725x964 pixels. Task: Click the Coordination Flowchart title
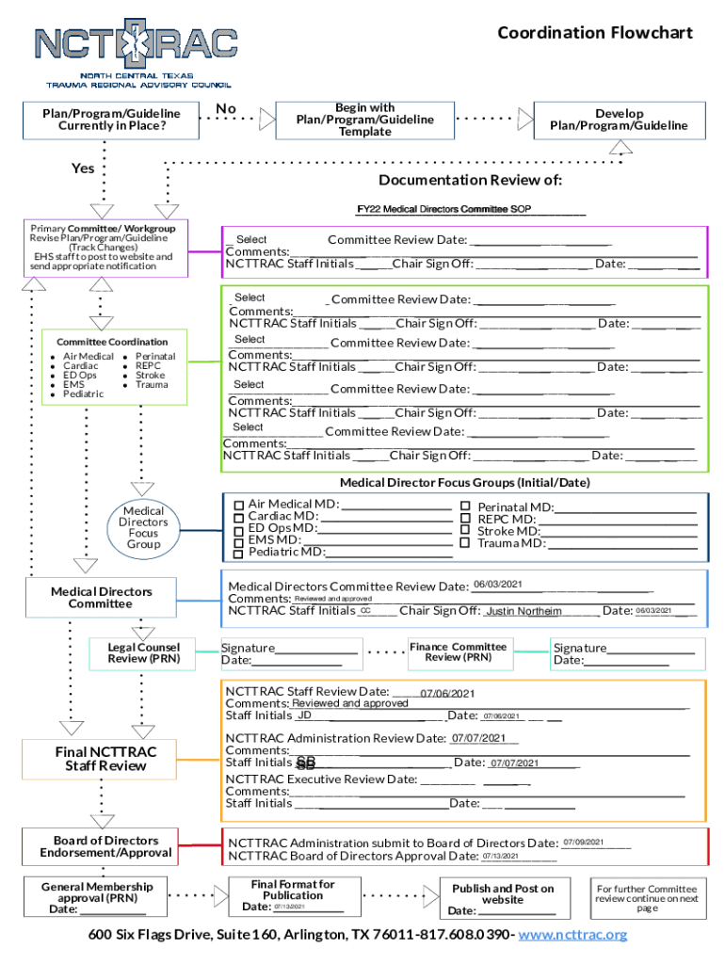pos(594,33)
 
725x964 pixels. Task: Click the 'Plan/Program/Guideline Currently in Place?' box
pos(105,120)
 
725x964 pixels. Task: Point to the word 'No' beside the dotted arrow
pos(226,109)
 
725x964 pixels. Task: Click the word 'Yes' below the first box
pos(83,169)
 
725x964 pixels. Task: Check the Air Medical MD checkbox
pos(239,506)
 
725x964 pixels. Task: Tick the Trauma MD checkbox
pos(464,542)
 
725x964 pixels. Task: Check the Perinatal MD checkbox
pos(464,506)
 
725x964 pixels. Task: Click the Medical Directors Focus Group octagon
pos(143,527)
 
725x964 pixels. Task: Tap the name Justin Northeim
pos(524,612)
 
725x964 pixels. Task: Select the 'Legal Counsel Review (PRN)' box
pos(143,652)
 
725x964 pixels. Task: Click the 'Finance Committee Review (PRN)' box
pos(458,652)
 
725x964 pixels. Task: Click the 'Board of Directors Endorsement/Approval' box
pos(105,846)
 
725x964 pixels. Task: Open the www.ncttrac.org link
pos(572,934)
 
